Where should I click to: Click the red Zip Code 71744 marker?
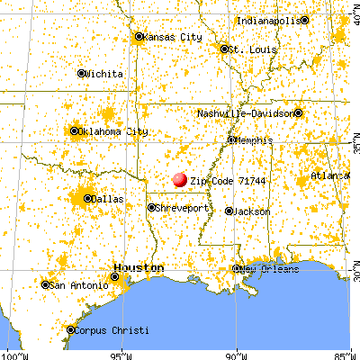coord(180,180)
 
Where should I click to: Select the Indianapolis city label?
coord(269,20)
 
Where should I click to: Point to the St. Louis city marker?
coord(224,49)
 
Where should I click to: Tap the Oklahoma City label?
coord(113,131)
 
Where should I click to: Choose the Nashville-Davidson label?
coord(245,113)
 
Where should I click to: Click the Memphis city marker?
coord(231,139)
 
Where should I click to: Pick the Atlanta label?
coord(329,175)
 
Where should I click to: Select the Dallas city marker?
coord(87,198)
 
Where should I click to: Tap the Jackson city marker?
coord(229,211)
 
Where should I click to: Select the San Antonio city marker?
coord(46,284)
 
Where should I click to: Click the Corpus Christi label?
coord(109,329)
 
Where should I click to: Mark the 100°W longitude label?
coord(12,354)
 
